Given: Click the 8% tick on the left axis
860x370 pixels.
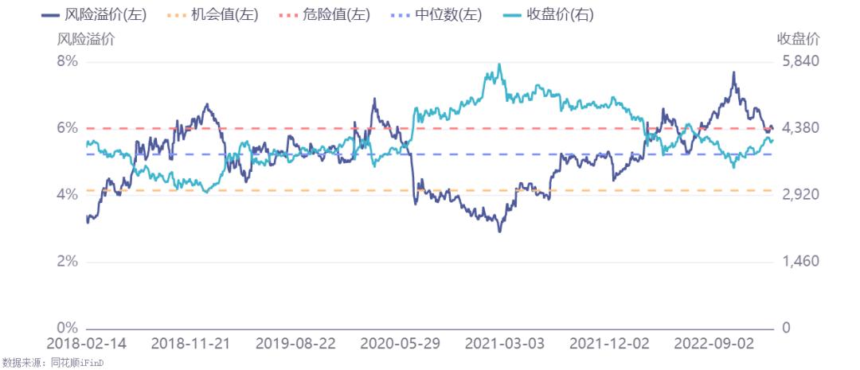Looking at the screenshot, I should click(67, 61).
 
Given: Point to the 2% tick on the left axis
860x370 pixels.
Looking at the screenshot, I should click(67, 262).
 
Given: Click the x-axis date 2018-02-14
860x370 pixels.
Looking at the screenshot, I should click(86, 344).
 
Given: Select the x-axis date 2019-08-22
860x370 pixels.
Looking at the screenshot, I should click(295, 344).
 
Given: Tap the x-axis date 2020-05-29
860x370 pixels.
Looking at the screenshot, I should click(400, 344).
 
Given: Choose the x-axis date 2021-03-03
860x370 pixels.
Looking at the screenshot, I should click(505, 344).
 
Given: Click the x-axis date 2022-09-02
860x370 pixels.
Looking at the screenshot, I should click(713, 344).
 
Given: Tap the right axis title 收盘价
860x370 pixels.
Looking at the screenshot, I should click(798, 38).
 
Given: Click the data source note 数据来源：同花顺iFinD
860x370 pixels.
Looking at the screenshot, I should click(53, 363).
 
